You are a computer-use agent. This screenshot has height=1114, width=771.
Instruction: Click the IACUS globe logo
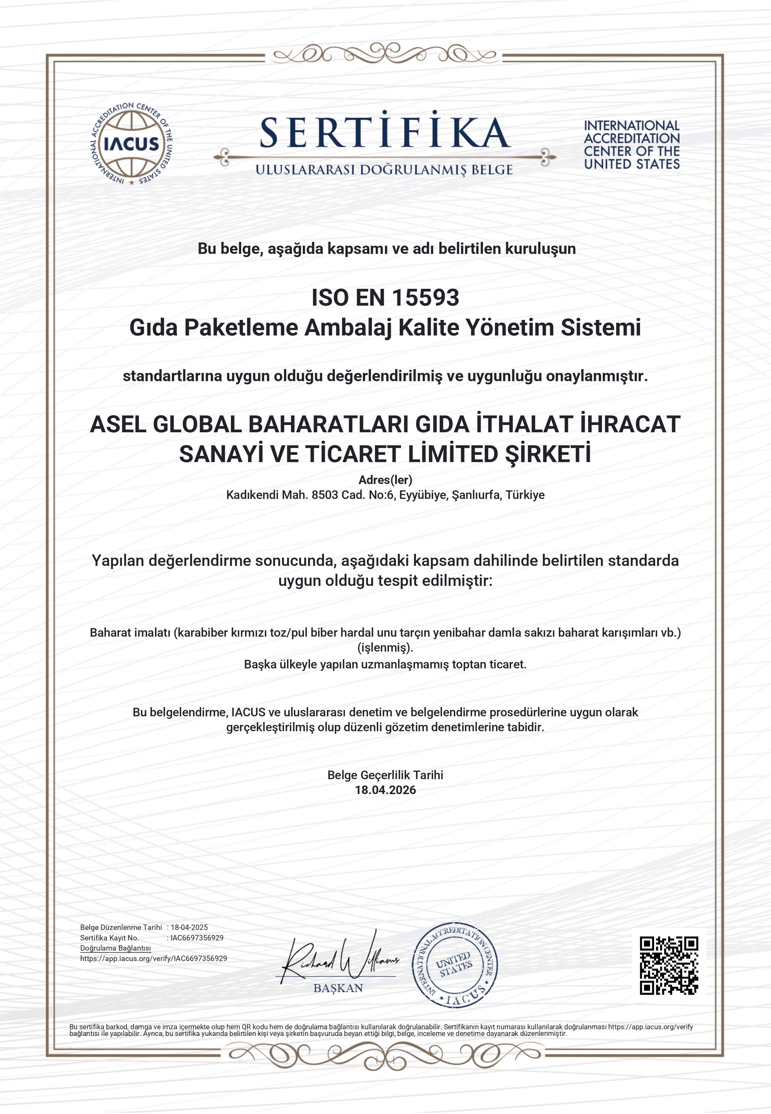(x=131, y=144)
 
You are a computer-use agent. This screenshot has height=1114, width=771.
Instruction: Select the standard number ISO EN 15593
(x=385, y=298)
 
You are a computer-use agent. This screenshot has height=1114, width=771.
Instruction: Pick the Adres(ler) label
(x=385, y=480)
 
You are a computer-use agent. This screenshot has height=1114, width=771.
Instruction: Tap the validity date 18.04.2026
(x=385, y=790)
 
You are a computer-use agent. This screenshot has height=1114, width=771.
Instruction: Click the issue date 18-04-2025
(x=189, y=927)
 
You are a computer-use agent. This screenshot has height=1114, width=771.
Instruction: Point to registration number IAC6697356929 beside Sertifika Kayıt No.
(x=197, y=938)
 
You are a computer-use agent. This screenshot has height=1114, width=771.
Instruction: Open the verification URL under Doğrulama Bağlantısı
(x=154, y=958)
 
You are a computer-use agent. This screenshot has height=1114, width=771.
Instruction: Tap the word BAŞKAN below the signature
(x=338, y=988)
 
